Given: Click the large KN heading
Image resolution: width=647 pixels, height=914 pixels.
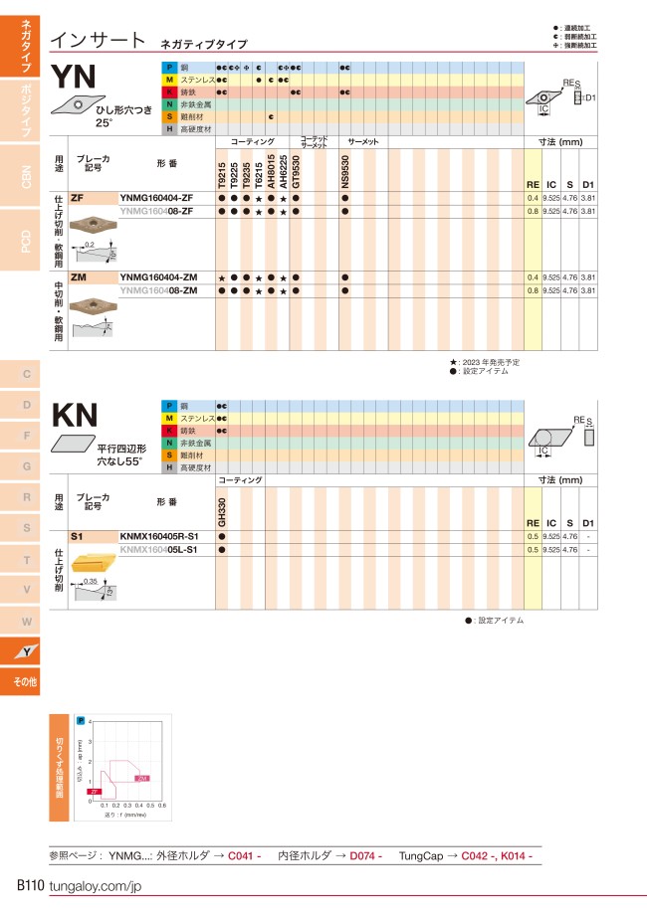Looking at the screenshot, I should pyautogui.click(x=78, y=415).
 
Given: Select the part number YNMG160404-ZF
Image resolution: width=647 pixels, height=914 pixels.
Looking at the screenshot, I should pyautogui.click(x=156, y=198).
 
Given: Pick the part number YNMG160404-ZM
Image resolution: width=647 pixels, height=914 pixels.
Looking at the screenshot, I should pyautogui.click(x=157, y=276).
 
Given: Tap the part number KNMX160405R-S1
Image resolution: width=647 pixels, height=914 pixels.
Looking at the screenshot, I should pyautogui.click(x=159, y=536).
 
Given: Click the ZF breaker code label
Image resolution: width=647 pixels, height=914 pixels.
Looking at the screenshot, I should pyautogui.click(x=78, y=198).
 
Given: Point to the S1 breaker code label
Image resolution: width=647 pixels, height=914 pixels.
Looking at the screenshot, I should pyautogui.click(x=78, y=536).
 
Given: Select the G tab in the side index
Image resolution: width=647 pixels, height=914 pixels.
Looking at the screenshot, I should pyautogui.click(x=27, y=465).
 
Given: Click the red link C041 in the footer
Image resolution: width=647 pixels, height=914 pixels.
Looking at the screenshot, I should pyautogui.click(x=243, y=855).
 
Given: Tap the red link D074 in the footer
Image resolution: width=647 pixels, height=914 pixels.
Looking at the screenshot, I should pyautogui.click(x=365, y=855).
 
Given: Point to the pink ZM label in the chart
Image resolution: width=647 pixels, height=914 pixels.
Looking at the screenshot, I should pyautogui.click(x=142, y=778).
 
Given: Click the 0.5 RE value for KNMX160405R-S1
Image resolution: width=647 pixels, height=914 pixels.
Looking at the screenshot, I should pyautogui.click(x=533, y=536).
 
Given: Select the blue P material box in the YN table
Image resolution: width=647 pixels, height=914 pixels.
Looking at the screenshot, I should pyautogui.click(x=169, y=67).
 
